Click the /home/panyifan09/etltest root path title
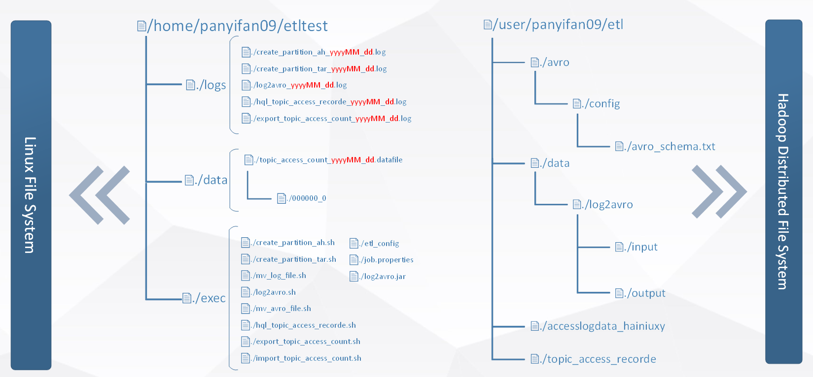[x=233, y=26]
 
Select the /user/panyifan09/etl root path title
[x=554, y=25]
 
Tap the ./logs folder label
[x=206, y=85]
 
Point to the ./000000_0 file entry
[x=302, y=198]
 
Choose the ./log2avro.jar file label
[x=378, y=277]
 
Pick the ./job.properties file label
[x=382, y=260]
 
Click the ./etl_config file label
[x=374, y=243]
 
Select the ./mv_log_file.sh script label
[x=274, y=276]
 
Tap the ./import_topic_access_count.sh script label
[x=301, y=358]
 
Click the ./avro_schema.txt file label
[x=665, y=147]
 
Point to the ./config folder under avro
[x=597, y=104]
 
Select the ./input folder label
[x=636, y=247]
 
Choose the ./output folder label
[x=640, y=293]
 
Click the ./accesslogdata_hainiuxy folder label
[x=598, y=326]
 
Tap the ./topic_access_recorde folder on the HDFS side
[x=594, y=359]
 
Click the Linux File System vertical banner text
[x=31, y=195]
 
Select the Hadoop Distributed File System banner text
[x=783, y=191]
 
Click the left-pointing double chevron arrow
[x=100, y=195]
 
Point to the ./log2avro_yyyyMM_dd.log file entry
[x=294, y=85]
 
